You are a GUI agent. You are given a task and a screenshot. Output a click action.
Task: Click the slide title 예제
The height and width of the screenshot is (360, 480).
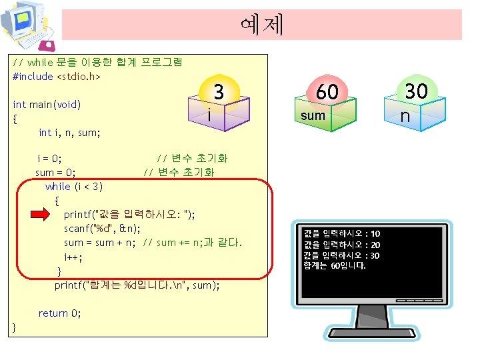pos(261,24)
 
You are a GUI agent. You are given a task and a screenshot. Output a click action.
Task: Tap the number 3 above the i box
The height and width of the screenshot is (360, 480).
pos(218,92)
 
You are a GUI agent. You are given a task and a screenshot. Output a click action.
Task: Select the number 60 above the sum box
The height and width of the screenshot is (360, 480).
pos(327,92)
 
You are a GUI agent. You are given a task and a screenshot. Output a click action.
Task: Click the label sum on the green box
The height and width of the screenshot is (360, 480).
pos(313,115)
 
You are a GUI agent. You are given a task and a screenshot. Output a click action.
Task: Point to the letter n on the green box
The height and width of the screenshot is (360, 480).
pos(405,117)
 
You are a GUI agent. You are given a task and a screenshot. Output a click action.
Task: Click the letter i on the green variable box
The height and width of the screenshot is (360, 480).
pos(209,115)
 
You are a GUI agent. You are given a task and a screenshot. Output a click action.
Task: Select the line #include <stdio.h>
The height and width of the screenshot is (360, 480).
pos(57,77)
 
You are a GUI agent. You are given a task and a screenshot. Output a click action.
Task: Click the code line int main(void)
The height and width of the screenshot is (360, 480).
pos(47,105)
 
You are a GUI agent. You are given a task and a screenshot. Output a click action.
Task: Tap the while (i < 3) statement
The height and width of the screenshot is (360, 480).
pos(74,186)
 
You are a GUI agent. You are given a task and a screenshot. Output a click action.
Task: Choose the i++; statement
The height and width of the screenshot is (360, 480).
pos(73,257)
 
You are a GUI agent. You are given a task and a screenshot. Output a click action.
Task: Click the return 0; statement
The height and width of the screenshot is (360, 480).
pos(60,313)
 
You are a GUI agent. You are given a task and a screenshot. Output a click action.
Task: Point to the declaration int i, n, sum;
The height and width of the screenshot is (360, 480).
pos(69,133)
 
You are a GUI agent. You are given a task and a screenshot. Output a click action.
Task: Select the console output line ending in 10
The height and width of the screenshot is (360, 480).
pos(341,234)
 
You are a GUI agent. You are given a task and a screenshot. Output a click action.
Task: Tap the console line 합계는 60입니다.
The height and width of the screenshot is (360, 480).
pos(335,266)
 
